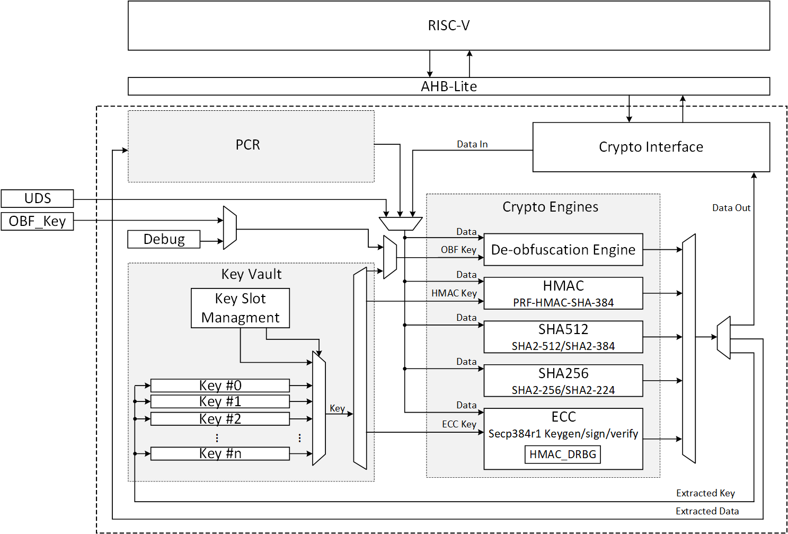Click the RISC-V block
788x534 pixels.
(448, 25)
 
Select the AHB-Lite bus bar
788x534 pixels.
(448, 86)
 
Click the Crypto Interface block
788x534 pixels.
(651, 147)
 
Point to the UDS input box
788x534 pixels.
(37, 198)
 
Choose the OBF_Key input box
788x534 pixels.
(37, 221)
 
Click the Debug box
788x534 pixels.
(164, 239)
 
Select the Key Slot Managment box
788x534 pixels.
(240, 308)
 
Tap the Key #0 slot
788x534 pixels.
(220, 386)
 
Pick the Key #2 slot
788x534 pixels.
(220, 419)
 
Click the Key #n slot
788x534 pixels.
(220, 453)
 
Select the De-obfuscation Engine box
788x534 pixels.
(563, 250)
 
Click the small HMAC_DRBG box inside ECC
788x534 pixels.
(562, 454)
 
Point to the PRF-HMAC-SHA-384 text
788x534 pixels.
(563, 303)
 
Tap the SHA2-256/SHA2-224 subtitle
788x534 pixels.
(563, 390)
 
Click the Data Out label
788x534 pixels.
(731, 208)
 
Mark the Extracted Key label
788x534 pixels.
(705, 493)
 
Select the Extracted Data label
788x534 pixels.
(707, 511)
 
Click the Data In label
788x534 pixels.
(472, 144)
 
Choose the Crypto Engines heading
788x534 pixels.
(550, 207)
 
